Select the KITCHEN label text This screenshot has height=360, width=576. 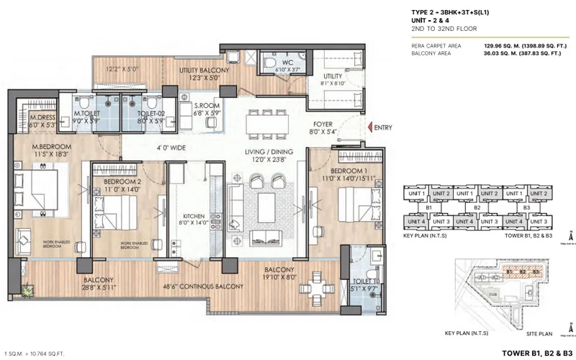point(194,216)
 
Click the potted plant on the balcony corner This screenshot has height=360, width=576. point(27,292)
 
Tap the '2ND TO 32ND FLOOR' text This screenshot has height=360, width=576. point(434,30)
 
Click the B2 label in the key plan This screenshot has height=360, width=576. point(477,207)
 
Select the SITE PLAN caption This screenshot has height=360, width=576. point(539,334)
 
